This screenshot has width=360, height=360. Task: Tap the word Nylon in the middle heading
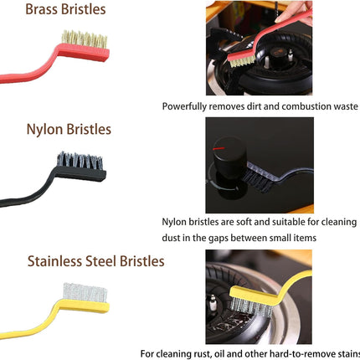pos(45,130)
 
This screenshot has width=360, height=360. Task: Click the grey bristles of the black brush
pos(80,161)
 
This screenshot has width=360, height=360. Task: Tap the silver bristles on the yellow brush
pos(85,292)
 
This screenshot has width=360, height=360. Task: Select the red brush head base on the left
pos(84,52)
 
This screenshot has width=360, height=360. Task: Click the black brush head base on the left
pos(80,173)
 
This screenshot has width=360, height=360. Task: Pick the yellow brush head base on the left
pos(85,306)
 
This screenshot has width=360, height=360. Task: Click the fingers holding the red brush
pos(294,12)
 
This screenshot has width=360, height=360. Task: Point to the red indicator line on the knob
pos(219,148)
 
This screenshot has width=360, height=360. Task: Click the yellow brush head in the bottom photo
pos(255,296)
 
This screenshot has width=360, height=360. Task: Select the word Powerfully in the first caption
pos(184,106)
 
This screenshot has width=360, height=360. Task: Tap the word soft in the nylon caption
pos(244,222)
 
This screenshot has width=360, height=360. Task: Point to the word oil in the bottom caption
pos(219,354)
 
